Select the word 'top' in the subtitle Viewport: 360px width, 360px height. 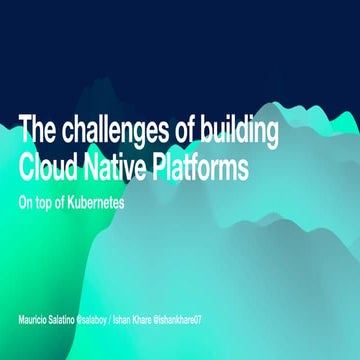[x=46, y=202]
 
